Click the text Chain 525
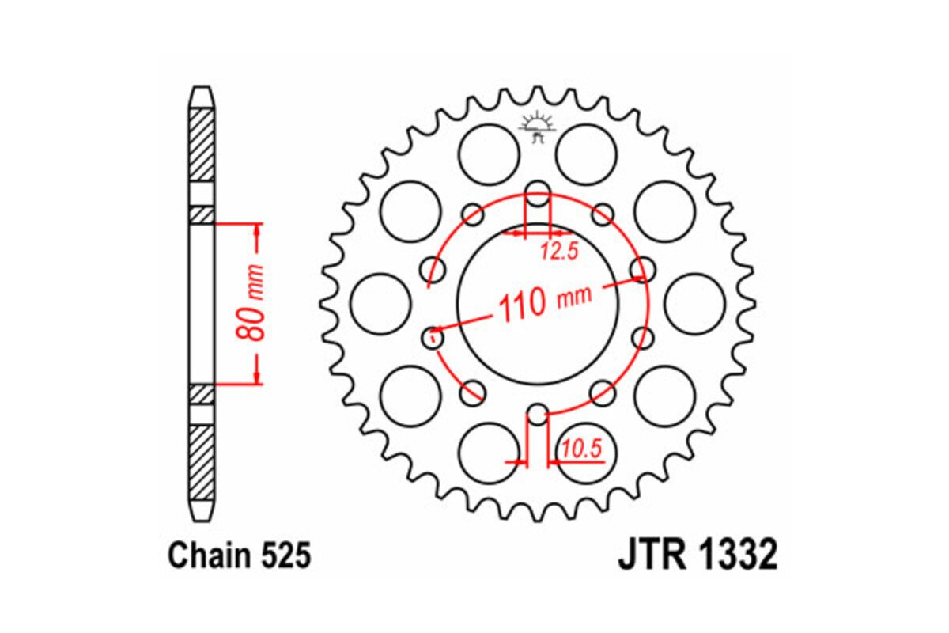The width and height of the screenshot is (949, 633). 239,556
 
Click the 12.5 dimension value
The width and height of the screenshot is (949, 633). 560,252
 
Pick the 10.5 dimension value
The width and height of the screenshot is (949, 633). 583,449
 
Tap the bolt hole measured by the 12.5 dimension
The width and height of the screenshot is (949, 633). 538,191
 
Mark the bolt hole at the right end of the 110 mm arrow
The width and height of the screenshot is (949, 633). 642,269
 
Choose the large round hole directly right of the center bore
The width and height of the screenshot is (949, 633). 694,304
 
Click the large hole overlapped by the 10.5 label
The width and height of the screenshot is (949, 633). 586,454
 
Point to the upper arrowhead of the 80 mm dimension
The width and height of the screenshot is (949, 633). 256,230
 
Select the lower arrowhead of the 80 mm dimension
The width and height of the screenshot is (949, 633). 256,378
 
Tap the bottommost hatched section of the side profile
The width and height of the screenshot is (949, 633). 202,462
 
